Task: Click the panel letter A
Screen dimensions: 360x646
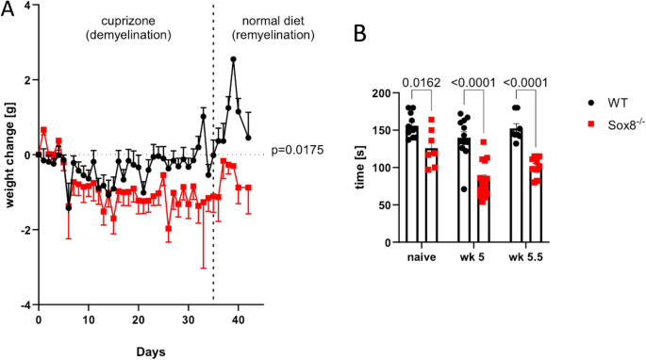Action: coord(8,10)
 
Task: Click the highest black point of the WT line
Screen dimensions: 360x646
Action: coord(233,58)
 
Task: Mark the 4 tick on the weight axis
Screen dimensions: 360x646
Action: coord(27,5)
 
